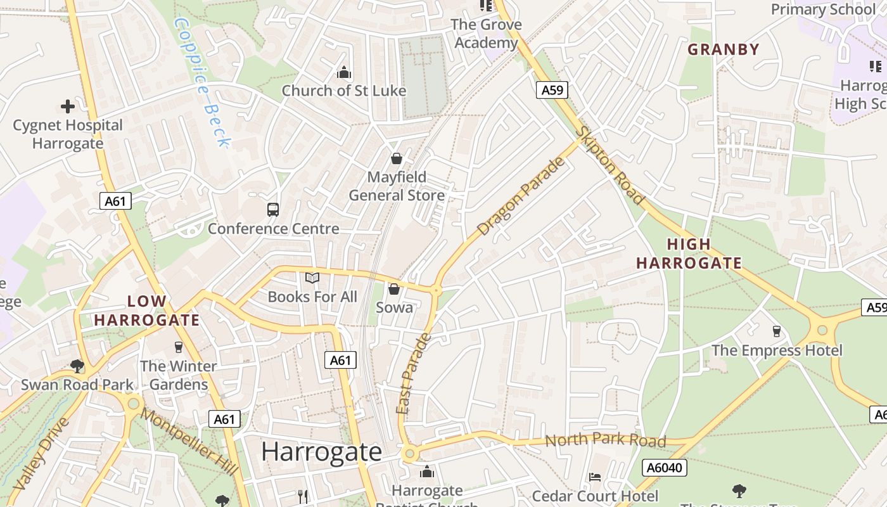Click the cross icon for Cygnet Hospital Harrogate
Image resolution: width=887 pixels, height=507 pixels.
68,106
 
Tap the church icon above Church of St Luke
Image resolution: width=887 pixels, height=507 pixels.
344,73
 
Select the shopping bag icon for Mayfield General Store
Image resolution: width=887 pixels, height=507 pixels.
397,158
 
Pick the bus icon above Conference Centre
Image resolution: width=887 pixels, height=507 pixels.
273,210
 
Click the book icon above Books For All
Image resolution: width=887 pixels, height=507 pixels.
312,278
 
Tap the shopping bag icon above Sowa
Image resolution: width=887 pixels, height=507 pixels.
394,289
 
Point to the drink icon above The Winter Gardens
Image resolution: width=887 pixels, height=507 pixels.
179,347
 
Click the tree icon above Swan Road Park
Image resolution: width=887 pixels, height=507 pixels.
77,366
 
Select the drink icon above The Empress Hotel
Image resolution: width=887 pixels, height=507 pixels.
777,331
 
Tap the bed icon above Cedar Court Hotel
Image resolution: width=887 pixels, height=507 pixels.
594,477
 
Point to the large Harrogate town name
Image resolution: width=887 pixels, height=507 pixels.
321,452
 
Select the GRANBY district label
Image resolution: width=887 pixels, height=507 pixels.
723,49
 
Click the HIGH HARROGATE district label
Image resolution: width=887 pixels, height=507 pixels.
689,253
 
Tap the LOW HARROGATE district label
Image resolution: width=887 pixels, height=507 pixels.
147,311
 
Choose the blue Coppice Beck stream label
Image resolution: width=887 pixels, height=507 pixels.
201,82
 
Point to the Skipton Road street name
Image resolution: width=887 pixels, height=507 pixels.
611,165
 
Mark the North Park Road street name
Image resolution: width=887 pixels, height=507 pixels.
605,440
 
